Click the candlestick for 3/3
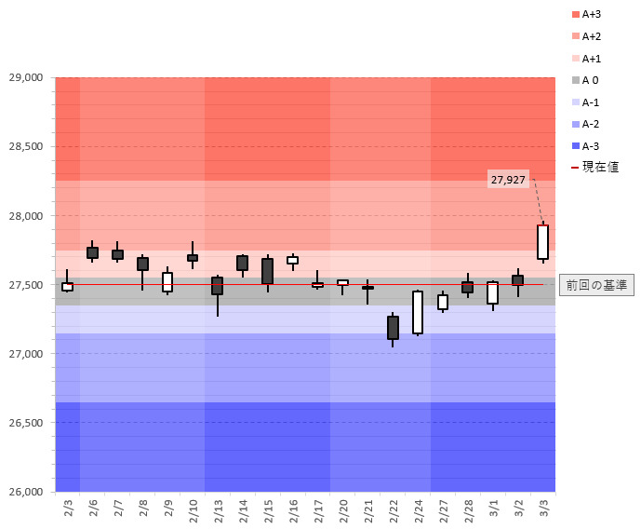point(542,242)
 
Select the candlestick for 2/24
point(418,312)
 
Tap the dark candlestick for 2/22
point(393,327)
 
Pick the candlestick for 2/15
point(268,271)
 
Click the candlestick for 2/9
point(167,281)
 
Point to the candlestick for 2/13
point(218,285)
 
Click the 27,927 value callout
point(508,179)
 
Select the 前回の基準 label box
point(596,285)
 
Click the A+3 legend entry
point(587,14)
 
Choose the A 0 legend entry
point(584,80)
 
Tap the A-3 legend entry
point(585,145)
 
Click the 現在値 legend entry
point(591,167)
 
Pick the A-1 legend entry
point(585,102)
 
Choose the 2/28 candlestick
point(467,287)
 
